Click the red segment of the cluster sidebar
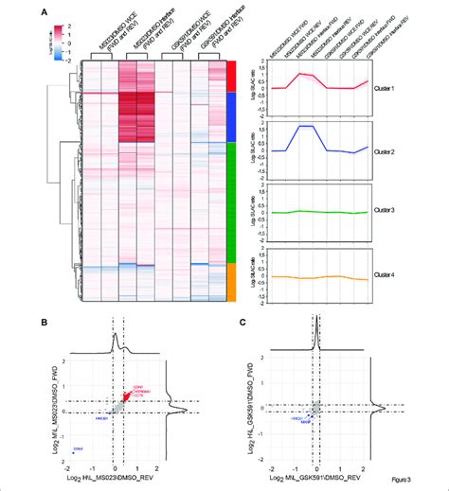pos(230,77)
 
